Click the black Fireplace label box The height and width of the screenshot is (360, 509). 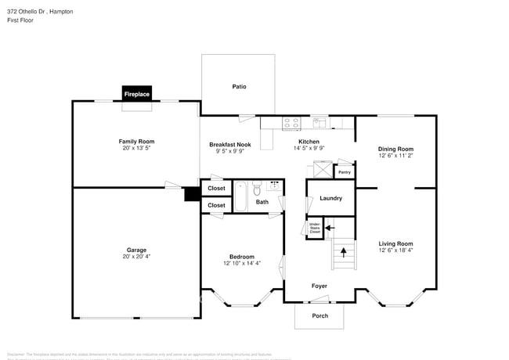(x=136, y=94)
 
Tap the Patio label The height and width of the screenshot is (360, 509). (x=239, y=86)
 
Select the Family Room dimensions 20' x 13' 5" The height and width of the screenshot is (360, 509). (x=136, y=148)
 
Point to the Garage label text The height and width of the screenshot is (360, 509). (x=136, y=250)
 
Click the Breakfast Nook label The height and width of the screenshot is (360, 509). (x=229, y=144)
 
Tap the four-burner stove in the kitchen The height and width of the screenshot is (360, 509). (x=291, y=123)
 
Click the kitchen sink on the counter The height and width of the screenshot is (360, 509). (x=320, y=122)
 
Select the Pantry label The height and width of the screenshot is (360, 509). (x=345, y=171)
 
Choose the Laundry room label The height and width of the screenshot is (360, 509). (x=330, y=198)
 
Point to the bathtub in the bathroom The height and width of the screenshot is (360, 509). (x=242, y=196)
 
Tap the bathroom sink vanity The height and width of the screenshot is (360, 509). (x=274, y=185)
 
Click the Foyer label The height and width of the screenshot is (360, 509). (x=319, y=286)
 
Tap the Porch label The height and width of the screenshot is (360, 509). (x=319, y=315)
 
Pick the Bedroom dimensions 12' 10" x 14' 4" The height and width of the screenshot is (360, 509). (x=241, y=264)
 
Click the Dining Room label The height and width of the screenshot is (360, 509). (x=395, y=149)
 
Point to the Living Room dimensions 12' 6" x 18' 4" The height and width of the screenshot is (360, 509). (x=395, y=250)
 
